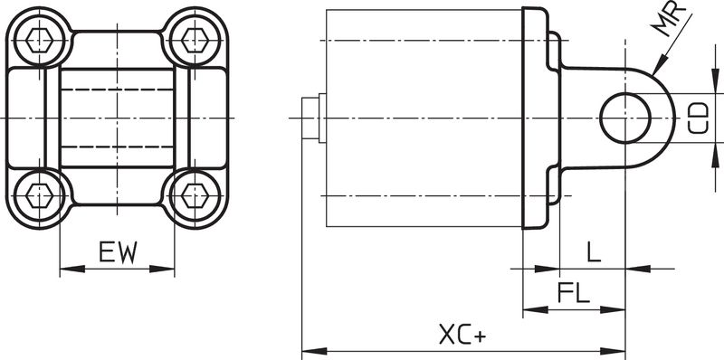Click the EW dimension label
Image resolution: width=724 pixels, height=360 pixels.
coord(119,252)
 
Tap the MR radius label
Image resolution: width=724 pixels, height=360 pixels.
coord(668,19)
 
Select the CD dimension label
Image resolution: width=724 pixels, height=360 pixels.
coord(698,118)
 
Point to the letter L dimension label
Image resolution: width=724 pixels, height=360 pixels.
coord(595,251)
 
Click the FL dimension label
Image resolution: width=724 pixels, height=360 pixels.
coord(574,292)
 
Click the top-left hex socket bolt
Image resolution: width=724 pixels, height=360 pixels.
coord(39,40)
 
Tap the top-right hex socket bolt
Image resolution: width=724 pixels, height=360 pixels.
coord(195,40)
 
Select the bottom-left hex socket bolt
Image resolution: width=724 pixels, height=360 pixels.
coord(39,195)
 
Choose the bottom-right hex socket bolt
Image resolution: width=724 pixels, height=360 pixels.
coord(195,195)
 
